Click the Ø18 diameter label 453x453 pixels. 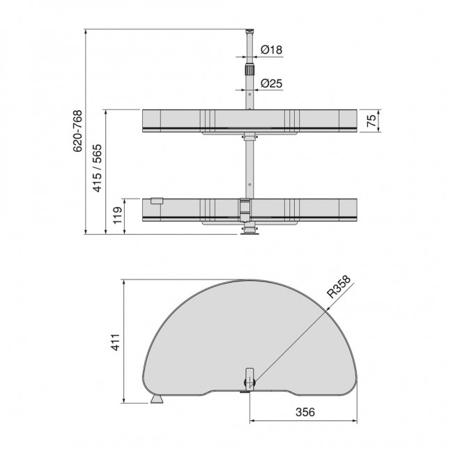272,49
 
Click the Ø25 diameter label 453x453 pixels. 272,84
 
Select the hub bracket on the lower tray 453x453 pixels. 245,208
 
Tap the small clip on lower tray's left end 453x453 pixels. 155,201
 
